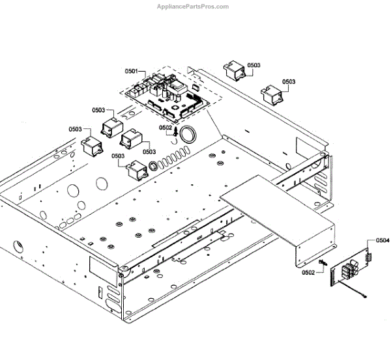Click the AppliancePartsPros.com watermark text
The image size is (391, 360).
coord(193,7)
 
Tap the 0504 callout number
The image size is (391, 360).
coord(383,240)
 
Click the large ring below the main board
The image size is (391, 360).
coord(190,135)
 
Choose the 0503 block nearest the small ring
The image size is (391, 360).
coord(138,171)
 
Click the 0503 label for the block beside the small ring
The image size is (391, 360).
coord(118,156)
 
